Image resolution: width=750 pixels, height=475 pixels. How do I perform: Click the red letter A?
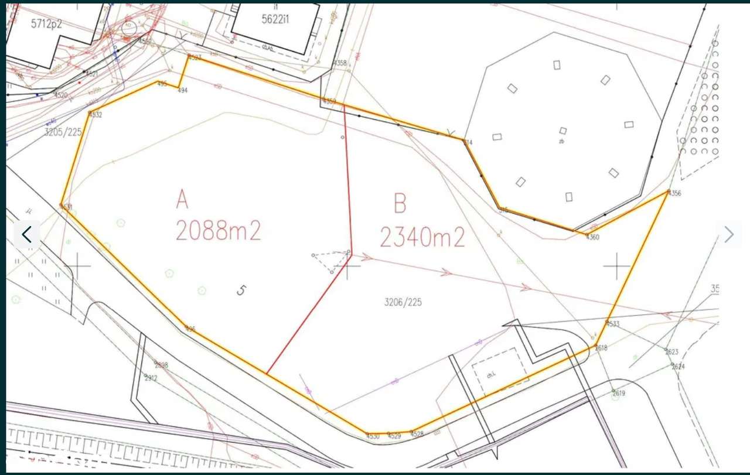(x=183, y=200)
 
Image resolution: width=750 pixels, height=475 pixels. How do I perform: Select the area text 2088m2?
(x=218, y=231)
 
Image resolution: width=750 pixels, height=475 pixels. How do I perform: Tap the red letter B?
(x=400, y=205)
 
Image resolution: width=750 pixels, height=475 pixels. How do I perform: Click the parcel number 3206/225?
(x=403, y=302)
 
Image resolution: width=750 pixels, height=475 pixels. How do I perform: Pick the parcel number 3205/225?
(x=63, y=132)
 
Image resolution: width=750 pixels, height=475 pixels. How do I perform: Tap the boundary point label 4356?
(x=675, y=193)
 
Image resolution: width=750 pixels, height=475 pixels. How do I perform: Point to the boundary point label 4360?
(x=592, y=237)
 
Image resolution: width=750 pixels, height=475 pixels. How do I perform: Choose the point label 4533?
(x=613, y=324)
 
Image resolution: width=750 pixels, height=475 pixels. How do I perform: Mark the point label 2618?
(x=601, y=348)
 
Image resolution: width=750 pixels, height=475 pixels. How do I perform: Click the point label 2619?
(x=619, y=394)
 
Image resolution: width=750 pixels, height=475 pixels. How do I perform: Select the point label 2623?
(x=671, y=352)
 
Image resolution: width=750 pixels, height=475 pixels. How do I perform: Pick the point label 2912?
(x=151, y=378)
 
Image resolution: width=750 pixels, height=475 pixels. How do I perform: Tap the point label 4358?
(x=340, y=63)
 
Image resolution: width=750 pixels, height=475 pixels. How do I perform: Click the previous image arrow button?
(x=26, y=235)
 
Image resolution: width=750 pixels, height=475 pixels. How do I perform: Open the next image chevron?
(x=729, y=235)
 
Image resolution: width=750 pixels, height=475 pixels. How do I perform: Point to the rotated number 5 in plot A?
(x=241, y=289)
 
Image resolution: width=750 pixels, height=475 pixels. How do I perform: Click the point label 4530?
(x=373, y=436)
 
